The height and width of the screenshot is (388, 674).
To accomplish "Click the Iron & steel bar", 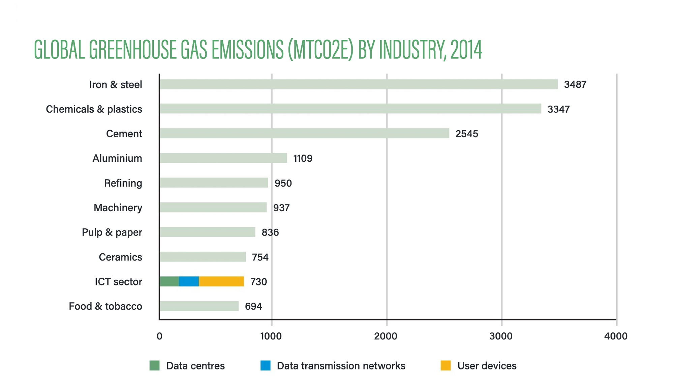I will coord(359,84).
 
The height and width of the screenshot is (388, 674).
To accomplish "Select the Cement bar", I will coord(304,133).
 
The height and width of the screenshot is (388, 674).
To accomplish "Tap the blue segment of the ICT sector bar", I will coord(189,281).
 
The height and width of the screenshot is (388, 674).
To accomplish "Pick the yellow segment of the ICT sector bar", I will coord(221,281).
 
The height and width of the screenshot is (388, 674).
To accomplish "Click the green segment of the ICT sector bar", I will coord(169,281).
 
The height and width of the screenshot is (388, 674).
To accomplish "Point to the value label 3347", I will coord(558,109).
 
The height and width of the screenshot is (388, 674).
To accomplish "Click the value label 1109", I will coord(303,158).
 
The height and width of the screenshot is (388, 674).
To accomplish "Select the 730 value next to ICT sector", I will coord(258,282).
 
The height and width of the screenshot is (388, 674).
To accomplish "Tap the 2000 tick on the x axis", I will coord(386,336).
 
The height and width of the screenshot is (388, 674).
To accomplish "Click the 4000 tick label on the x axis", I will coord(616,336).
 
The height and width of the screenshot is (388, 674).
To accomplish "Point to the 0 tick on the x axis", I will coord(159,336).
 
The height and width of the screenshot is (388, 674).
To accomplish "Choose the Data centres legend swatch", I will coord(154,366).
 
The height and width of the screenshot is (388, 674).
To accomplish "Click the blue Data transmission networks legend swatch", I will coord(266,366).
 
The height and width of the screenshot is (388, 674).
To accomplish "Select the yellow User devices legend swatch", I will coord(446,366).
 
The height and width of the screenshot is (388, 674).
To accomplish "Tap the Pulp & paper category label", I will coord(112,232).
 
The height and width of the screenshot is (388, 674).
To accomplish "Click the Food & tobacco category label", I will coord(105,306).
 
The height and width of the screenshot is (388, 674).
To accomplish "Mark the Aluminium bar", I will coord(223,158).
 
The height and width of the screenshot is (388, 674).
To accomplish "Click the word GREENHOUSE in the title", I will coord(133,50).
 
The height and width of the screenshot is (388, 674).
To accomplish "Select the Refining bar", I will coord(214,183).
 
